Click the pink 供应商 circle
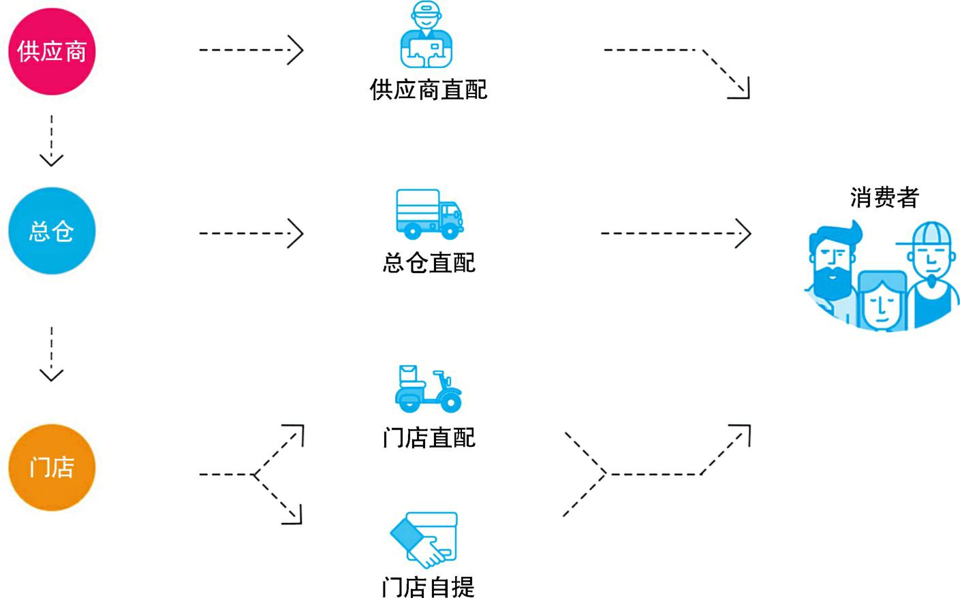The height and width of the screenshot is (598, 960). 52,51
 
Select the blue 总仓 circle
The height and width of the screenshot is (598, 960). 52,231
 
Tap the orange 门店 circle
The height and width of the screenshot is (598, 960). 52,467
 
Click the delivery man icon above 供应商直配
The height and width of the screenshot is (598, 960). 427,35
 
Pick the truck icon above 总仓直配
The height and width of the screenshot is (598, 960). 429,214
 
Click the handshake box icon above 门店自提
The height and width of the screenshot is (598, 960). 424,540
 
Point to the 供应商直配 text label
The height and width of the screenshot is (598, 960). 429,90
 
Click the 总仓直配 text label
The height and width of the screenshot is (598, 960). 429,263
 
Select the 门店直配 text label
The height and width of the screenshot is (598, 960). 429,437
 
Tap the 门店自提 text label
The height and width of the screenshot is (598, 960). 429,586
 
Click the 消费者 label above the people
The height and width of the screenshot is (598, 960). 884,198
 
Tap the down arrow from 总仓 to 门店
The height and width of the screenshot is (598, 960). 52,353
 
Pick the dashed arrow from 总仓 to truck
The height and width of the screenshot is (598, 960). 251,233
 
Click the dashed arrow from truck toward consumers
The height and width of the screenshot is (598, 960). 675,233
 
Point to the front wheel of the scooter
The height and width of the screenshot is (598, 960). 450,401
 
